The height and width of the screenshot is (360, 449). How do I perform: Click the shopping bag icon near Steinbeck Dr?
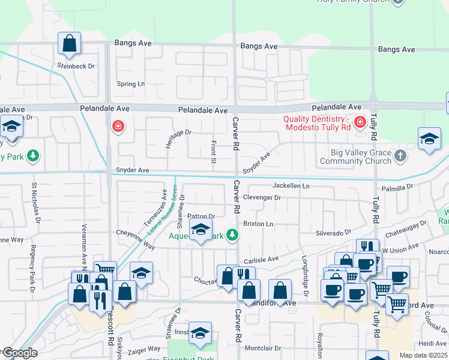70,44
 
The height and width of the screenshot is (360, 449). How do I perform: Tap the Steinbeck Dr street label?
76,65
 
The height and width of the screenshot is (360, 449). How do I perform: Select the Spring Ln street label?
131,84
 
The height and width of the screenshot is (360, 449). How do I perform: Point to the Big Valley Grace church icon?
400,156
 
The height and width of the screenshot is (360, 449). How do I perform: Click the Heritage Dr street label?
178,139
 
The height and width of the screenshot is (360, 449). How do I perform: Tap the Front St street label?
213,152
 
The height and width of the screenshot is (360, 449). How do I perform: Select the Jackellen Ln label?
291,186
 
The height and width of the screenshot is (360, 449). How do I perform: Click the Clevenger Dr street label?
262,197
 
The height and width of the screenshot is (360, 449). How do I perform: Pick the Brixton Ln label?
258,224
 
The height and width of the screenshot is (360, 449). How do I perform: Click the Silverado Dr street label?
333,232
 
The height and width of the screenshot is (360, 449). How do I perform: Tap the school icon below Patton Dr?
200,230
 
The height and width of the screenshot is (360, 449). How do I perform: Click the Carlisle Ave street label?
261,259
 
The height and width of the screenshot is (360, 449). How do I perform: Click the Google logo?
19,353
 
